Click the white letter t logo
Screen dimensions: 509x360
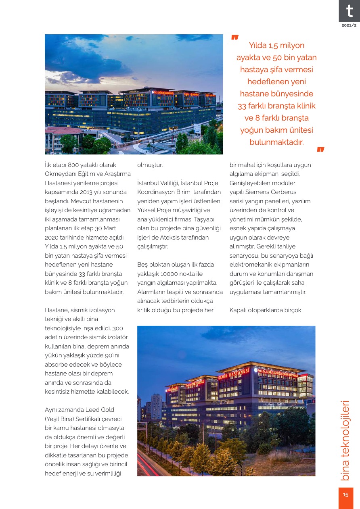pyautogui.click(x=349, y=11)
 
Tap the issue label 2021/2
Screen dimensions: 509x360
pyautogui.click(x=349, y=25)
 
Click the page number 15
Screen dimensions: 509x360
pyautogui.click(x=346, y=495)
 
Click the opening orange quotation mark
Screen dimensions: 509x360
pyautogui.click(x=235, y=38)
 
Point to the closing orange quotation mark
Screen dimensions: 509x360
pyautogui.click(x=320, y=150)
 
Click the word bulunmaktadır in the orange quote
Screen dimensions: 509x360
pyautogui.click(x=276, y=142)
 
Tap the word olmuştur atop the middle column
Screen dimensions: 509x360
pyautogui.click(x=150, y=165)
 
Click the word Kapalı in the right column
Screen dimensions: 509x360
pyautogui.click(x=239, y=310)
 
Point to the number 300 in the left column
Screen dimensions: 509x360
pyautogui.click(x=118, y=328)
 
